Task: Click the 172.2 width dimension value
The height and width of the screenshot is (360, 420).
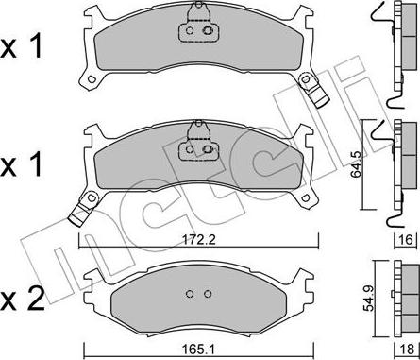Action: [198, 240]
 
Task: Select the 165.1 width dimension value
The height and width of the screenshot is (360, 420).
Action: [198, 350]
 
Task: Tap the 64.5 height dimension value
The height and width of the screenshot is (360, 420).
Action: [357, 164]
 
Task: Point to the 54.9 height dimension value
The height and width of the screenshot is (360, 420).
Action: [368, 298]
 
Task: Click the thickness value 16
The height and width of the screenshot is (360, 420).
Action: [406, 240]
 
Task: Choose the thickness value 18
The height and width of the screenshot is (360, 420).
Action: [408, 350]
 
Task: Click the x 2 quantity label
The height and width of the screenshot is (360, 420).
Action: [22, 300]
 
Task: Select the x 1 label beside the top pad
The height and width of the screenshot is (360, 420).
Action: [21, 46]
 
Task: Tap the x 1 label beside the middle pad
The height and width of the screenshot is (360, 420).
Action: [21, 163]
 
